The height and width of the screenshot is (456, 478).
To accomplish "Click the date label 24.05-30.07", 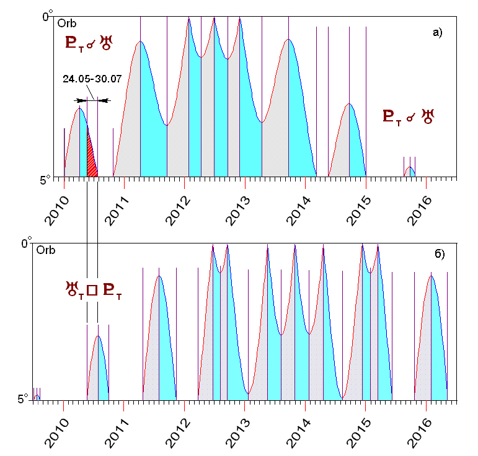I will pyautogui.click(x=92, y=79).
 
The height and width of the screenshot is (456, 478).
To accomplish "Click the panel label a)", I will pyautogui.click(x=437, y=33).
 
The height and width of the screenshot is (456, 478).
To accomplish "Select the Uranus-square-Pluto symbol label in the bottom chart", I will pyautogui.click(x=93, y=289).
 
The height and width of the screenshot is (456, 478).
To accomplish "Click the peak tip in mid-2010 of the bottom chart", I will pyautogui.click(x=98, y=336).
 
